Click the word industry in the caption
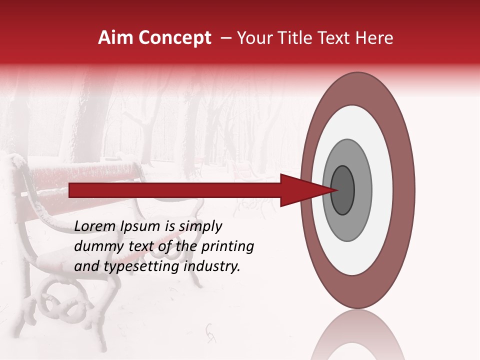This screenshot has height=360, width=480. [212, 266]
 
